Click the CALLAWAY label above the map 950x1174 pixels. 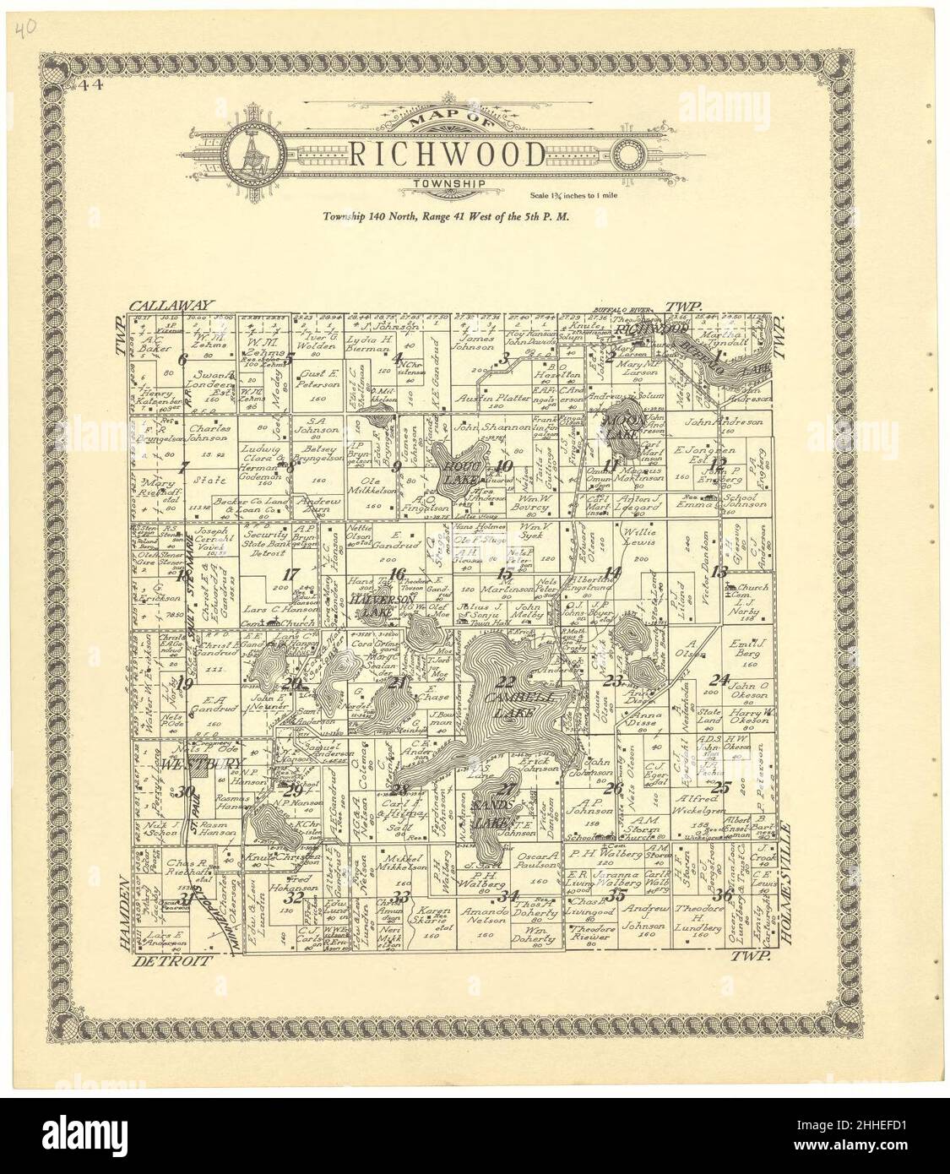173,307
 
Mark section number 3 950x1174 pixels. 504,361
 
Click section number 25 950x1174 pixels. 720,788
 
